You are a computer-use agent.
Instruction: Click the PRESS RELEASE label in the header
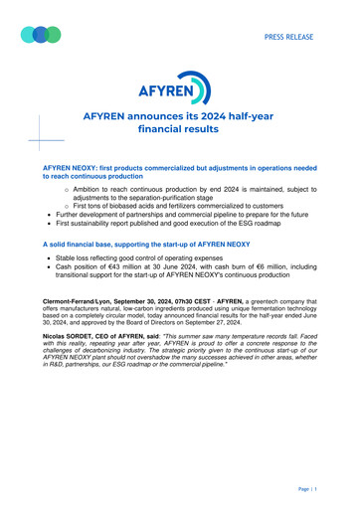[x=288, y=38]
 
